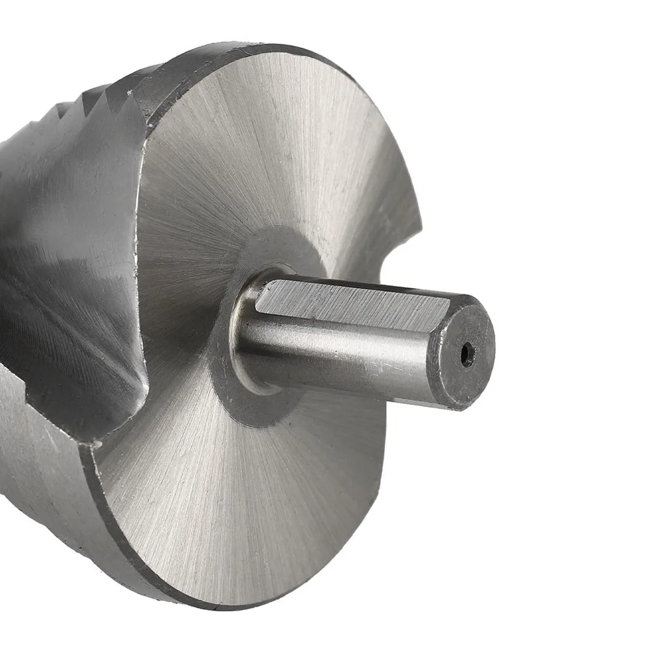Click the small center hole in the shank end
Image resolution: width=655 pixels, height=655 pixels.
point(466,355)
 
